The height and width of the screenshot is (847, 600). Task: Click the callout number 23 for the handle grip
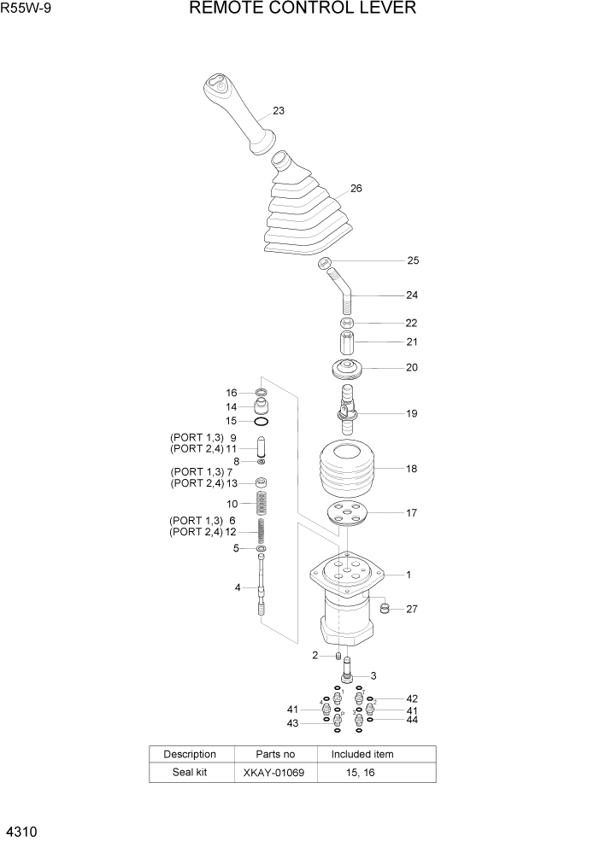click(279, 111)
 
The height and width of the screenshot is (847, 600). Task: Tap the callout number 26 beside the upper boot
click(356, 189)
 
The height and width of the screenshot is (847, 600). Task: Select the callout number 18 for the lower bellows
click(411, 469)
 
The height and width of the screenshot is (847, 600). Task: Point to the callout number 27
click(412, 609)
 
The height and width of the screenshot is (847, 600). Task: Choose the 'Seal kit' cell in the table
click(189, 773)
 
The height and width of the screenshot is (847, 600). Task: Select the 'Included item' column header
click(362, 754)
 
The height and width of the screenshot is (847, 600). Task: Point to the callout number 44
click(412, 720)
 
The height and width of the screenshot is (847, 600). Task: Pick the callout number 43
click(293, 723)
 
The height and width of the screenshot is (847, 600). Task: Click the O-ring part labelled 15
click(262, 421)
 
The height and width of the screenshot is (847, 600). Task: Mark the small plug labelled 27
click(385, 608)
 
